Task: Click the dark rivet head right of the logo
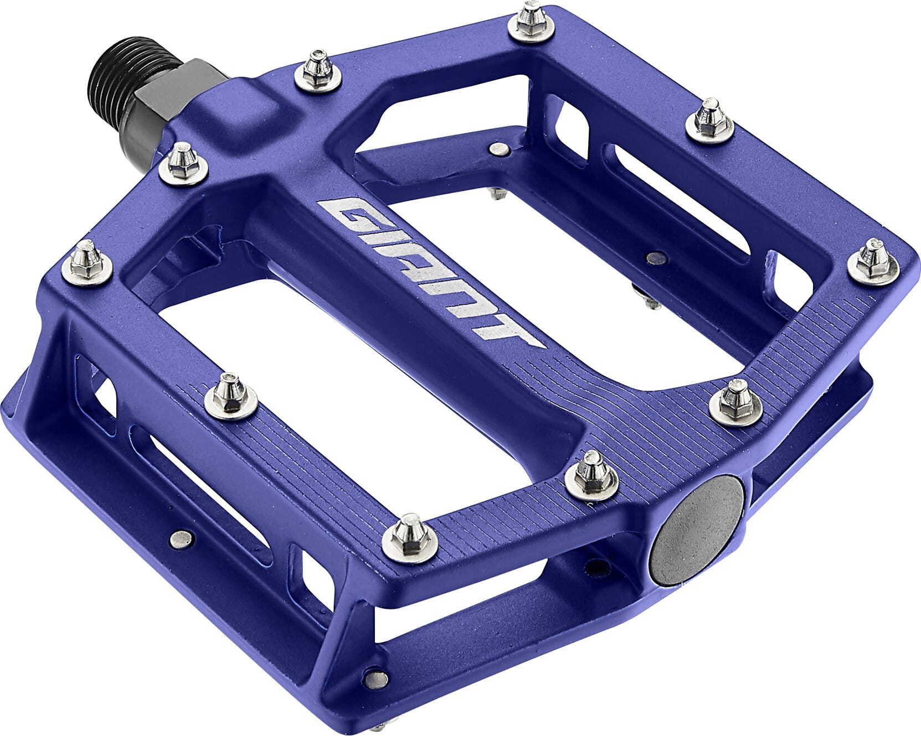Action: point(656,256)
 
